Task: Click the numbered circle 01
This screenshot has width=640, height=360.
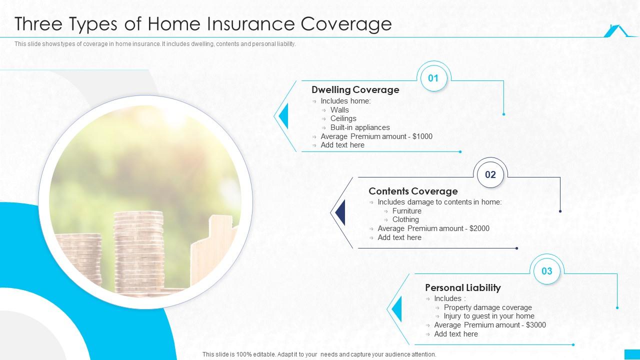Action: [x=433, y=78]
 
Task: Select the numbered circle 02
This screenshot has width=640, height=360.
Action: [x=490, y=174]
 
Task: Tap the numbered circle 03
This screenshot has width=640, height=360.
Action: [x=546, y=271]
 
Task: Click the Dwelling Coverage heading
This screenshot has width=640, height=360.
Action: [x=355, y=90]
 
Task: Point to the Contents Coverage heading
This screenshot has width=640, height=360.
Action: [x=413, y=191]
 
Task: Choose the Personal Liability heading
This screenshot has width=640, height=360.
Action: [x=462, y=288]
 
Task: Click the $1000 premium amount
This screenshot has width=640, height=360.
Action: [x=422, y=136]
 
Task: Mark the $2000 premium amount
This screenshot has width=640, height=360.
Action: [x=479, y=228]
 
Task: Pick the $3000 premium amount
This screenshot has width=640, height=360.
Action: [x=536, y=325]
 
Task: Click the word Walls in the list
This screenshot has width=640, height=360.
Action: [x=339, y=110]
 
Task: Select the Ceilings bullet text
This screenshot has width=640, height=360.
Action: [x=343, y=118]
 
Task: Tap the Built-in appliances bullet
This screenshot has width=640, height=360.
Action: [x=359, y=127]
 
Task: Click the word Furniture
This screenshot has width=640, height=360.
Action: [x=406, y=211]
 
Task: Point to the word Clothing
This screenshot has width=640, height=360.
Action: [x=405, y=219]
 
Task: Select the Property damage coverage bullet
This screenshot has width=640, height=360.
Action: [x=487, y=307]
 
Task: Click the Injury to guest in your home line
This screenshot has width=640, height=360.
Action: [x=488, y=316]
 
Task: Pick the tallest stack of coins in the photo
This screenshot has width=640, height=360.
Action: [x=138, y=250]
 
